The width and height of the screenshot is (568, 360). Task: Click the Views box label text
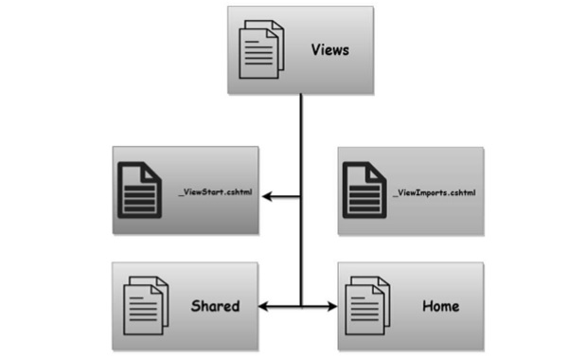pos(330,49)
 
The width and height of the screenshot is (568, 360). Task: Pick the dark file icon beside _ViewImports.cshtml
pos(361,189)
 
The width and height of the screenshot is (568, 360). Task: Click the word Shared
pos(215,306)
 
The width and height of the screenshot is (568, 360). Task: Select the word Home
pos(440,306)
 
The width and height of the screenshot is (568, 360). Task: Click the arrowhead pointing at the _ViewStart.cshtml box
pos(268,197)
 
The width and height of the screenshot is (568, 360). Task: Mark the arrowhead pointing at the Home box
pos(332,307)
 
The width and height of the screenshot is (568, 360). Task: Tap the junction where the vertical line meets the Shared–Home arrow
pos(301,307)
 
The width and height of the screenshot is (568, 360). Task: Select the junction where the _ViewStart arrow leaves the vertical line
pos(301,197)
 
